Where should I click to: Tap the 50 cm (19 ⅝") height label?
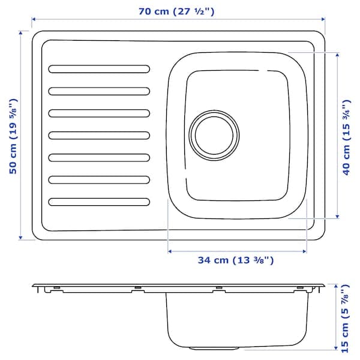point(13,136)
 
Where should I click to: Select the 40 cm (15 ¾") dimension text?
point(347,136)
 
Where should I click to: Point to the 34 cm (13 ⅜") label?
point(236,260)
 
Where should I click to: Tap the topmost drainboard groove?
point(99,68)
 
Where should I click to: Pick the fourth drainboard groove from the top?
point(99,135)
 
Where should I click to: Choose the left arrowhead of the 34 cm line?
point(170,251)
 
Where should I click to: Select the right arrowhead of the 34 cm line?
point(304,251)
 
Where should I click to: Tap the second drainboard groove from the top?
point(99,91)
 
